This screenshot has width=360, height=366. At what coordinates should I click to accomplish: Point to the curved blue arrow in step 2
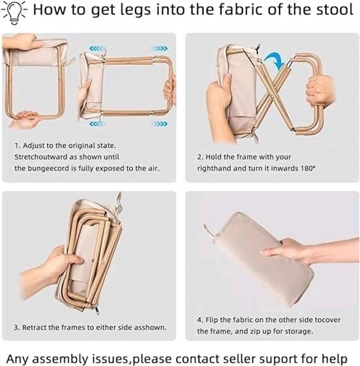coord(275,59)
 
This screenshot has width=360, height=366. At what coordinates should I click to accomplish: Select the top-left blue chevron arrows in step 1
coord(96,49)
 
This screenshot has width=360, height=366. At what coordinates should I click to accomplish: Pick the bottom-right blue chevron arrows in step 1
coord(161,124)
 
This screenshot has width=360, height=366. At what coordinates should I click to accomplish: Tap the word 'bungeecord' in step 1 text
coord(49,168)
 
